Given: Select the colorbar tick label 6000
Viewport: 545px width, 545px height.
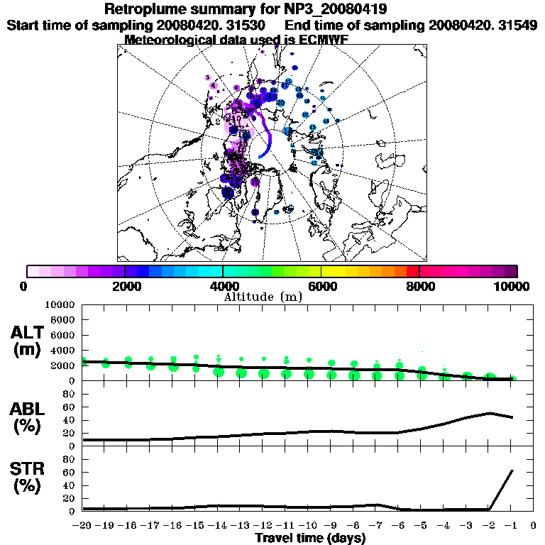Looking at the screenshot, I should click(321, 286).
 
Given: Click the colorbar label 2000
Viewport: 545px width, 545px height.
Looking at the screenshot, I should click(125, 286).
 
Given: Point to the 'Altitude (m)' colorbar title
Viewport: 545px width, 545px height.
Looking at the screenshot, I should click(263, 296).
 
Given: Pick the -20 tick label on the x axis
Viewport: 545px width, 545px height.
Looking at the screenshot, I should click(83, 526).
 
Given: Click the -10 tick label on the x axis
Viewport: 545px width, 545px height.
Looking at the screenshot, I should click(309, 526).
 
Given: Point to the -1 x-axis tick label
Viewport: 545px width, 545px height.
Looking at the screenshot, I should click(511, 526).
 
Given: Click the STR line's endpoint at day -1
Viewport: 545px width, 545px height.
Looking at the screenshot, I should click(512, 470).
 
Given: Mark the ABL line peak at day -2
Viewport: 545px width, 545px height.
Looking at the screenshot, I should click(490, 412).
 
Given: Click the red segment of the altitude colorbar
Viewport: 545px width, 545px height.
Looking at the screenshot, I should click(413, 270).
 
